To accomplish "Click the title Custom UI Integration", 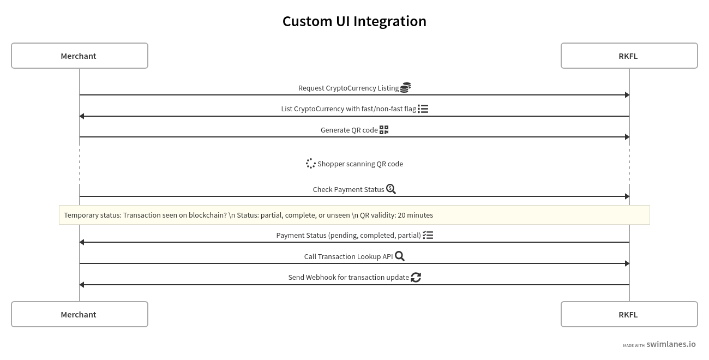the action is click(354, 21).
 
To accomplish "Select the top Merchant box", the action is click(80, 56).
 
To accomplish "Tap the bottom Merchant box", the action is click(80, 314).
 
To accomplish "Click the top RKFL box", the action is click(629, 56).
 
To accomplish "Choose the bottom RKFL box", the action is click(629, 314).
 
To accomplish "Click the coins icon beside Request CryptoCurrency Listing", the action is click(405, 87).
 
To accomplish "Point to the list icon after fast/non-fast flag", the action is click(423, 109).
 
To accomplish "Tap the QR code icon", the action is click(384, 130).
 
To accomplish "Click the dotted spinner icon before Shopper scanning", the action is click(311, 164).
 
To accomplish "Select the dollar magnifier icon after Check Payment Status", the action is click(391, 189).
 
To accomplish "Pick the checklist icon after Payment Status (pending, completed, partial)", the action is click(428, 235).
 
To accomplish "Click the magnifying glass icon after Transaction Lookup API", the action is click(400, 256).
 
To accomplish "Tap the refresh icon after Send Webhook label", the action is click(416, 277).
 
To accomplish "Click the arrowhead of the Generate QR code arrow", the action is click(627, 137).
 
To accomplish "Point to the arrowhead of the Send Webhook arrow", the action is click(82, 285).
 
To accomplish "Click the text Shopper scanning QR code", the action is click(360, 164).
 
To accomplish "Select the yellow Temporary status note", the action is click(354, 215).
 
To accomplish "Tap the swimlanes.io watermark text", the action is click(671, 344).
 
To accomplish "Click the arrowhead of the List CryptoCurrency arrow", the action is click(82, 116).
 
